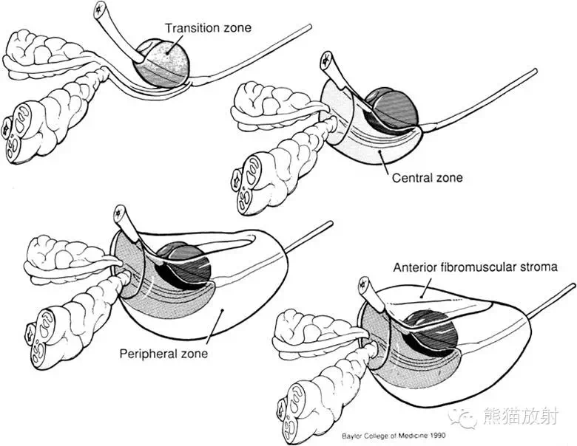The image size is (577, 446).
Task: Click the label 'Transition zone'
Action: click(208, 28)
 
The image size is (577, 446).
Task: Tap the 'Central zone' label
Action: click(428, 177)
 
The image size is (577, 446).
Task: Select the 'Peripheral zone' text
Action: click(163, 353)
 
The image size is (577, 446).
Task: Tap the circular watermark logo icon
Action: click(467, 419)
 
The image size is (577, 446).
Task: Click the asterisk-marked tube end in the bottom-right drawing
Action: click(364, 284)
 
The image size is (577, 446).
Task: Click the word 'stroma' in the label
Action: click(539, 267)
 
